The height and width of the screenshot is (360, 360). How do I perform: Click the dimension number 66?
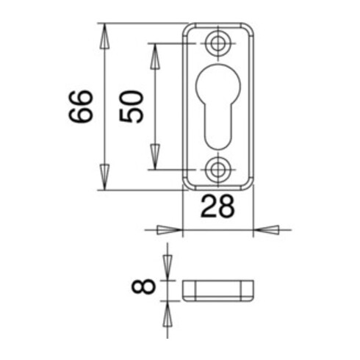81,107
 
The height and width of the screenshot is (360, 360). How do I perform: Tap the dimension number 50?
131,107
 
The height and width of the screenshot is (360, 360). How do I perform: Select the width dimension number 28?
217,206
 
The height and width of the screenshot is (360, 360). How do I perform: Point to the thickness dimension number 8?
143,287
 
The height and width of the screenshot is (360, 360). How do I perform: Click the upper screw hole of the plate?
217,44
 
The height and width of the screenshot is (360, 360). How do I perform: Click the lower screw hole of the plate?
217,170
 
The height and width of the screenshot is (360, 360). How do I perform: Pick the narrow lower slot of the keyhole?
218,126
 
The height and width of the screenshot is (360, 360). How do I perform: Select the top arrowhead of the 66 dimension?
104,36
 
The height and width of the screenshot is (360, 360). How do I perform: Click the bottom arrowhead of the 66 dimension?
104,177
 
